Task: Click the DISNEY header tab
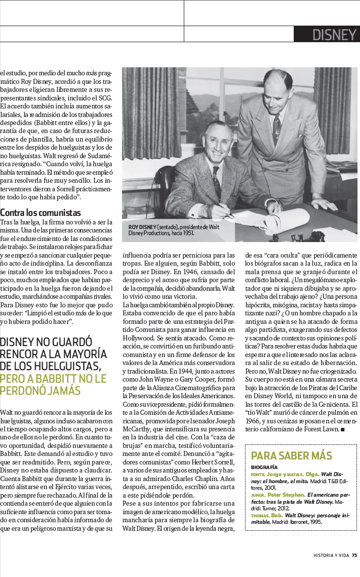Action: point(326,34)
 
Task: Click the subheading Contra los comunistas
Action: point(40,212)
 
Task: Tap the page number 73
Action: point(354,555)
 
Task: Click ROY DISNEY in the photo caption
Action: point(143,227)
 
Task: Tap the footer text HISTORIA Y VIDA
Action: point(330,555)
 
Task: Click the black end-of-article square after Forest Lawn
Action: point(342,430)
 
